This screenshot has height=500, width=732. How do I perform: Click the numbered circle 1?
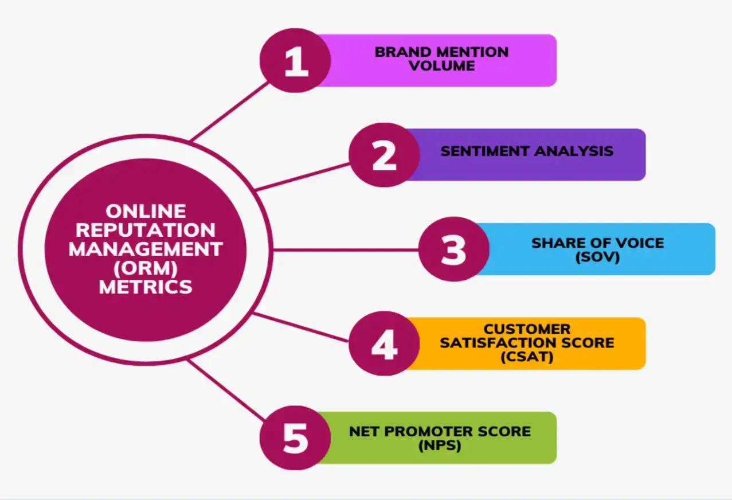(x=295, y=61)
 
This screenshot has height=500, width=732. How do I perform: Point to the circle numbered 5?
(x=295, y=438)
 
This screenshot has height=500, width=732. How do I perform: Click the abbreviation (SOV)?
(x=597, y=257)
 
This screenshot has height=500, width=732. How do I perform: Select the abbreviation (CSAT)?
(x=526, y=357)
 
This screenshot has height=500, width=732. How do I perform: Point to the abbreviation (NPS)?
(x=440, y=445)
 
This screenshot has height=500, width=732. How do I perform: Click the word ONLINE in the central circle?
(x=146, y=211)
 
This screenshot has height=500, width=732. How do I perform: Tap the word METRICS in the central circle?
(x=146, y=287)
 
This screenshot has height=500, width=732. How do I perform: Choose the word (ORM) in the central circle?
(x=146, y=268)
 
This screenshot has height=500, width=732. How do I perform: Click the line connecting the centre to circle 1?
(x=229, y=111)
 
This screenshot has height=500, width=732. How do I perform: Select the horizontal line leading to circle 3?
(x=344, y=250)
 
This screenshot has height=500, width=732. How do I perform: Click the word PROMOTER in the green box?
(x=441, y=431)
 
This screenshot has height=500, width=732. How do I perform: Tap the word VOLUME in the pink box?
(x=441, y=66)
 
